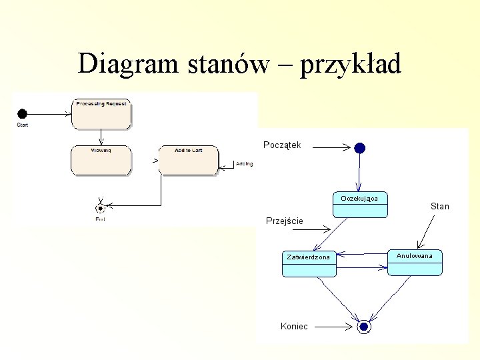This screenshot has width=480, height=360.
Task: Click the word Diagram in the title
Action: click(126, 64)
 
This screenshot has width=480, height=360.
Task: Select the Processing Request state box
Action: click(101, 113)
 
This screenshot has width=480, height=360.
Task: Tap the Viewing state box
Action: click(101, 160)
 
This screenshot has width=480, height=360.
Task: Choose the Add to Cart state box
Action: click(189, 160)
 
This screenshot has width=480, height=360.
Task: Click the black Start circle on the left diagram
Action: click(22, 113)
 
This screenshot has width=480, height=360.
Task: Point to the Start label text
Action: click(22, 125)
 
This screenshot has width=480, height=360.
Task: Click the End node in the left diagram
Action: click(101, 207)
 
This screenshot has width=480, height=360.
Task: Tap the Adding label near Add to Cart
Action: click(245, 164)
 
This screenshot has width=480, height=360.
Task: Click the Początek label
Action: click(282, 145)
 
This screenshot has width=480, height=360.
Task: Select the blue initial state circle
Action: click(360, 148)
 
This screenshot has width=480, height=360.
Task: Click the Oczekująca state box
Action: click(359, 205)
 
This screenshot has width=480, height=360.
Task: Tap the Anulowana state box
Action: click(415, 262)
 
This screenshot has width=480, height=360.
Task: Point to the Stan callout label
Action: click(440, 206)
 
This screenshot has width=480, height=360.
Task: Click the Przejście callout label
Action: click(285, 221)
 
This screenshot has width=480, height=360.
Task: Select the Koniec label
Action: click(295, 326)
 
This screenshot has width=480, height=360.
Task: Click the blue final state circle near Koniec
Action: click(363, 327)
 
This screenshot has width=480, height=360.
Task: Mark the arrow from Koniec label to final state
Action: click(333, 327)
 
